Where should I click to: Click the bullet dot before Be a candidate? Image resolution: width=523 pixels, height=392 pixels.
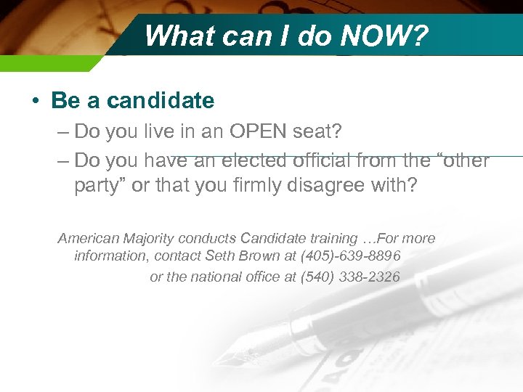[x=36, y=101]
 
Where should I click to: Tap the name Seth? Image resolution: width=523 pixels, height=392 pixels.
[x=221, y=256]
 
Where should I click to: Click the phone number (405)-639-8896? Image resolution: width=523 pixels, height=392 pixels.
[x=348, y=256]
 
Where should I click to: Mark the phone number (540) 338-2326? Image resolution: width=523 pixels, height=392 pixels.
[x=350, y=277]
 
